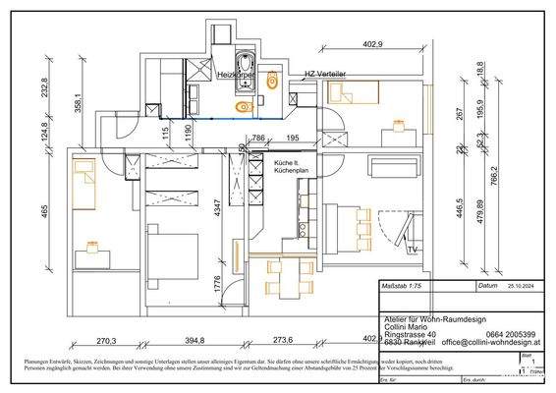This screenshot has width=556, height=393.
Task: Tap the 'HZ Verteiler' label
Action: [324, 74]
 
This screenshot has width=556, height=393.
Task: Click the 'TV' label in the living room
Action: [413, 251]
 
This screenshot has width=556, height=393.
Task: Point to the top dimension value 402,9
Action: [373, 44]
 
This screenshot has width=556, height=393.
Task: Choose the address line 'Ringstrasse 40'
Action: [412, 334]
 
